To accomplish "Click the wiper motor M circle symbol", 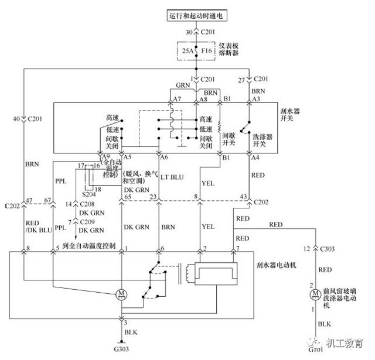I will (122, 293).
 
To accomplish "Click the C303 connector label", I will (332, 250).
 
